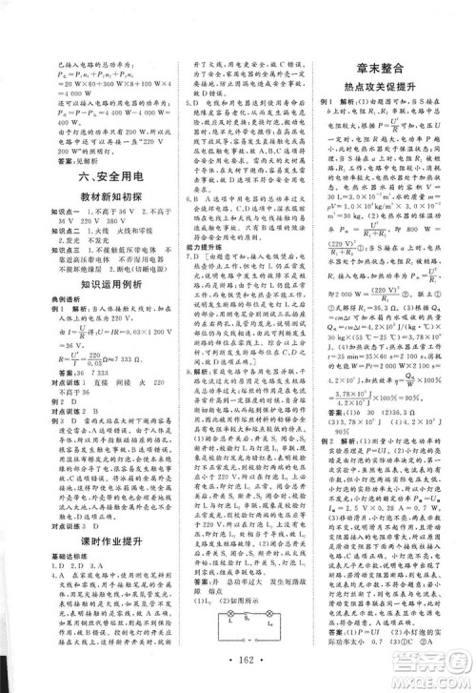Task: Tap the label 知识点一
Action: (47, 218)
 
